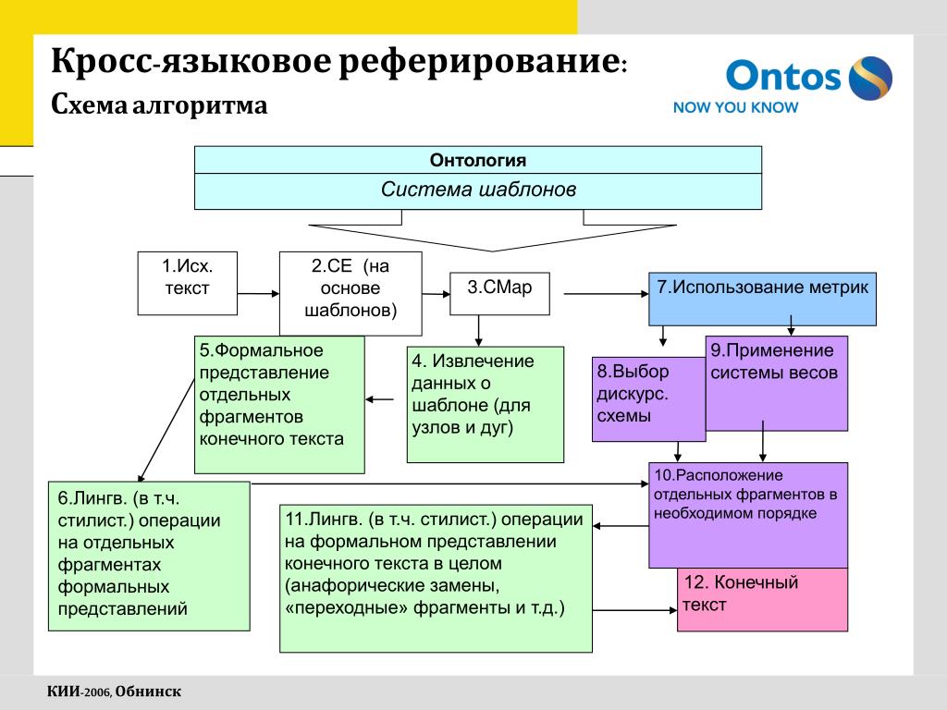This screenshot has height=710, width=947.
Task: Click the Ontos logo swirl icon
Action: click(870, 77)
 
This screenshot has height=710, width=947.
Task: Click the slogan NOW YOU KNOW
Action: click(735, 107)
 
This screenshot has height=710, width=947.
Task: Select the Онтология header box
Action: click(477, 160)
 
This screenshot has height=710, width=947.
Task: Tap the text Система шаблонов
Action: click(477, 190)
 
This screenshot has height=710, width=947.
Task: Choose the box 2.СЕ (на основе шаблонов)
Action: click(351, 292)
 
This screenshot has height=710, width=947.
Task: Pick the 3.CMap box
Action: click(499, 293)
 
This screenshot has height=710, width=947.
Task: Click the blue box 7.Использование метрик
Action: click(762, 298)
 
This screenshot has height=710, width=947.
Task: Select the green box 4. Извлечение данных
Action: click(485, 404)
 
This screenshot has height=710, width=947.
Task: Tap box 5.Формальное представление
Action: click(279, 404)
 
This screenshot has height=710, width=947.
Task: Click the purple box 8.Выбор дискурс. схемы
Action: click(646, 398)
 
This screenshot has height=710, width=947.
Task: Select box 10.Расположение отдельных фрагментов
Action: click(747, 514)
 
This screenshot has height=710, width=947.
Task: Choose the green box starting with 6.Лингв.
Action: click(148, 556)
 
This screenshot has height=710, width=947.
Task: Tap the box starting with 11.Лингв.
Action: click(436, 578)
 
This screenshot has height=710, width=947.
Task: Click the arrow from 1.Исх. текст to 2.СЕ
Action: click(258, 294)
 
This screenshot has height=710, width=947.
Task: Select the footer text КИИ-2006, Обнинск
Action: click(114, 692)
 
